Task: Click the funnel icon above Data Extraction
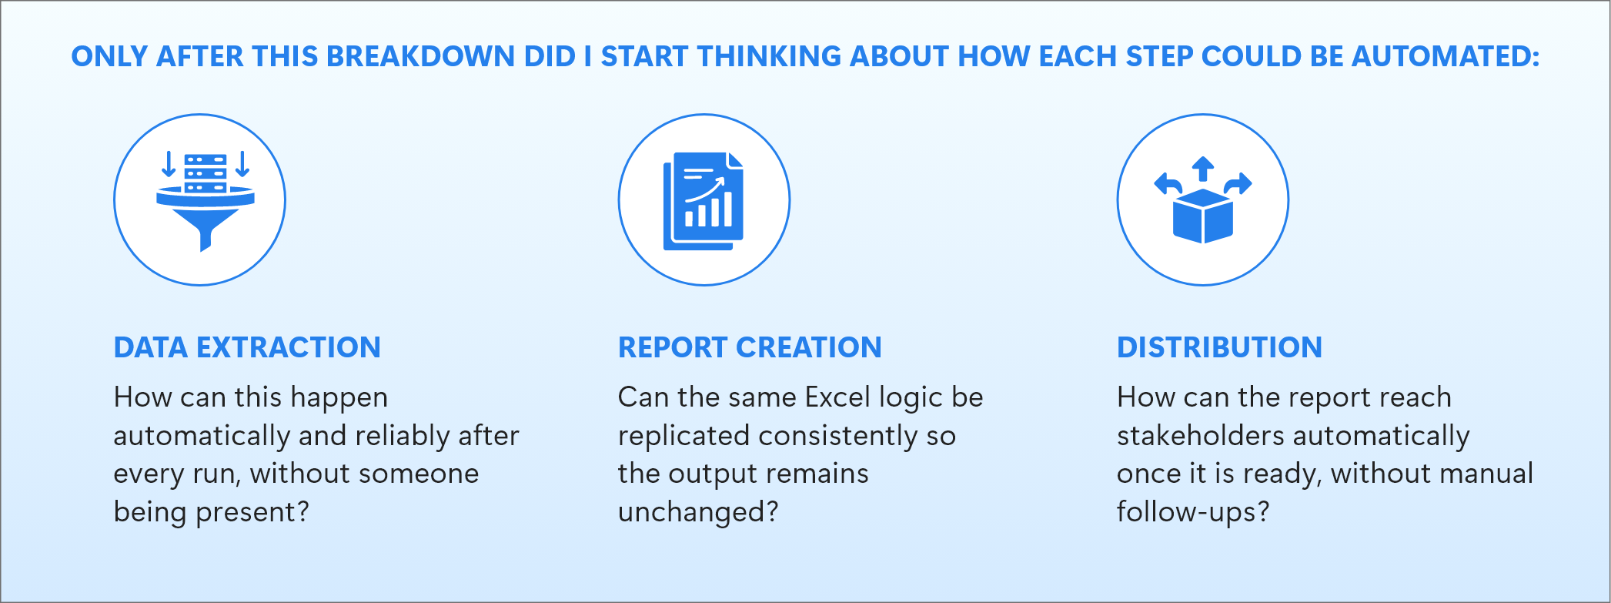[x=205, y=202]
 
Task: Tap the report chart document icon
[x=704, y=201]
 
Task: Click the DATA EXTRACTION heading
[x=247, y=347]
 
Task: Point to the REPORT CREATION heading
[x=750, y=347]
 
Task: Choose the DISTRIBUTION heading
[x=1219, y=347]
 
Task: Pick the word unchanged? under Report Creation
[x=698, y=512]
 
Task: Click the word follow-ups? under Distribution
[x=1193, y=512]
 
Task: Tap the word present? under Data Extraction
[x=252, y=512]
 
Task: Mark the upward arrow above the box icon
[x=1203, y=169]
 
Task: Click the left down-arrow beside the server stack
[x=169, y=164]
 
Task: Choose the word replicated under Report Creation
[x=684, y=436]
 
